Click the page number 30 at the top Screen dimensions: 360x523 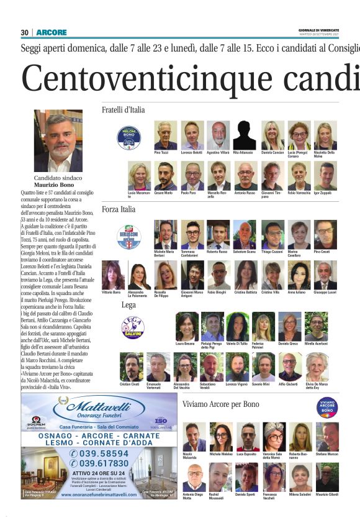coord(25,32)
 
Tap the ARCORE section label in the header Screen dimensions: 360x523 coord(52,32)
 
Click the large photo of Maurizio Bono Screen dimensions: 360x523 coord(58,142)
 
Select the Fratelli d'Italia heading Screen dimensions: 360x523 coord(123,110)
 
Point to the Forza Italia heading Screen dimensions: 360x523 coord(119,209)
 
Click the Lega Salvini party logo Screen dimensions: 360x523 coord(132,327)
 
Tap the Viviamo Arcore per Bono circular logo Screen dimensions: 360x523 coord(326,407)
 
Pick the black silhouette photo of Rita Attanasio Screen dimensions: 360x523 coord(245,135)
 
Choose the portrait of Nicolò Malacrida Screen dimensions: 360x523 coord(194,437)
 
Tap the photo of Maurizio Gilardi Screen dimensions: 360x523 coord(326,477)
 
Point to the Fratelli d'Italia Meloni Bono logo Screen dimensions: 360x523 coord(129,137)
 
